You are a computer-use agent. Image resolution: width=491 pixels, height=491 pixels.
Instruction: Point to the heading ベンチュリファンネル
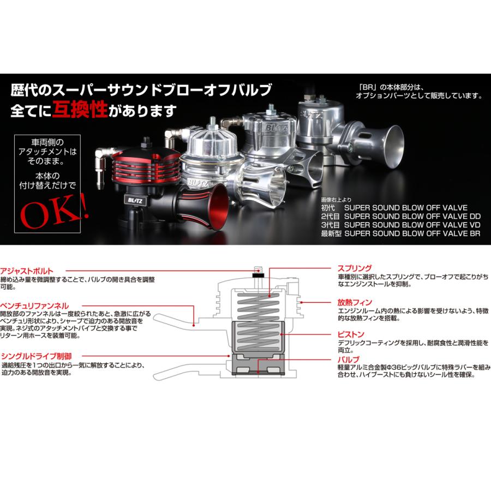34,307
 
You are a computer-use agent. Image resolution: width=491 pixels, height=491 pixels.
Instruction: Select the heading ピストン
350,334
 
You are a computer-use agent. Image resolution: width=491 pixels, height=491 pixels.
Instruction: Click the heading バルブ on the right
348,360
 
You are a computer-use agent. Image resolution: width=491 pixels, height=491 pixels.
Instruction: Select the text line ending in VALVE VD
401,224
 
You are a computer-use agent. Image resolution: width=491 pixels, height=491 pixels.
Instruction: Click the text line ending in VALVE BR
401,233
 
